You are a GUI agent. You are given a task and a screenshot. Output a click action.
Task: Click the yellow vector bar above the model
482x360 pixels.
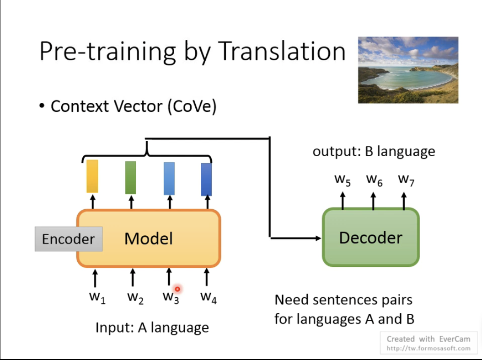[92, 176]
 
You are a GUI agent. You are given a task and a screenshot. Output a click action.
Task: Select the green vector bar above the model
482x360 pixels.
[131, 177]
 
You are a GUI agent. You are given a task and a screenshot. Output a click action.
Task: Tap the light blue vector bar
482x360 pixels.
[169, 178]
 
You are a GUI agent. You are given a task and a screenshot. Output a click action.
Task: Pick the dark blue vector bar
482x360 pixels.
[206, 179]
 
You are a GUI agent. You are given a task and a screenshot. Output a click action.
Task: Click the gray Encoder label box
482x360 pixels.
[68, 239]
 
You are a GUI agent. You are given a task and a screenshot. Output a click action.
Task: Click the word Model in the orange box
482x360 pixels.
[149, 238]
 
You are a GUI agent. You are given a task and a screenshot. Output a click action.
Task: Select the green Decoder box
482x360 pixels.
[371, 238]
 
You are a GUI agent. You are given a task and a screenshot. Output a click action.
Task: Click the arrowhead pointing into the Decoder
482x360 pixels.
[317, 238]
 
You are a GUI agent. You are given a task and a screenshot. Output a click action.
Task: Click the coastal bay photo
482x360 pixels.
[408, 70]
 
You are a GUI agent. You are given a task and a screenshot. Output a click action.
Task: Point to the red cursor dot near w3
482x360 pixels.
[177, 289]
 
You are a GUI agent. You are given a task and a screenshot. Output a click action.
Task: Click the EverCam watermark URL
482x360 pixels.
[428, 348]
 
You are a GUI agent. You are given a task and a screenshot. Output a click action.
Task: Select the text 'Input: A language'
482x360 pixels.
[152, 328]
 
